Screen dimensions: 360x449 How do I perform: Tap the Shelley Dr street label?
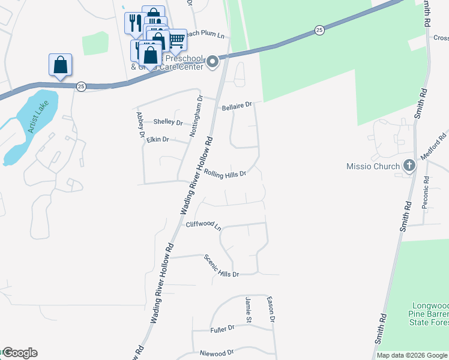(168, 122)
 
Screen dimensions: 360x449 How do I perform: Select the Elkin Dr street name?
(158, 140)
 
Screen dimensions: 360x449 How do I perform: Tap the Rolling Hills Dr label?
(225, 174)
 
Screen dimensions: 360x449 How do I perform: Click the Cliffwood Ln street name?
(203, 226)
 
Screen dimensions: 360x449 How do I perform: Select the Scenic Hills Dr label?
(221, 266)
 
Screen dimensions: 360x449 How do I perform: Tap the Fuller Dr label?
(222, 329)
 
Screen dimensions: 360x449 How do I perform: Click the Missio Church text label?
(373, 166)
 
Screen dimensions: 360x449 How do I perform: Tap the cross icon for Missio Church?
(409, 166)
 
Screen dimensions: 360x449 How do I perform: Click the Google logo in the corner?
(19, 353)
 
